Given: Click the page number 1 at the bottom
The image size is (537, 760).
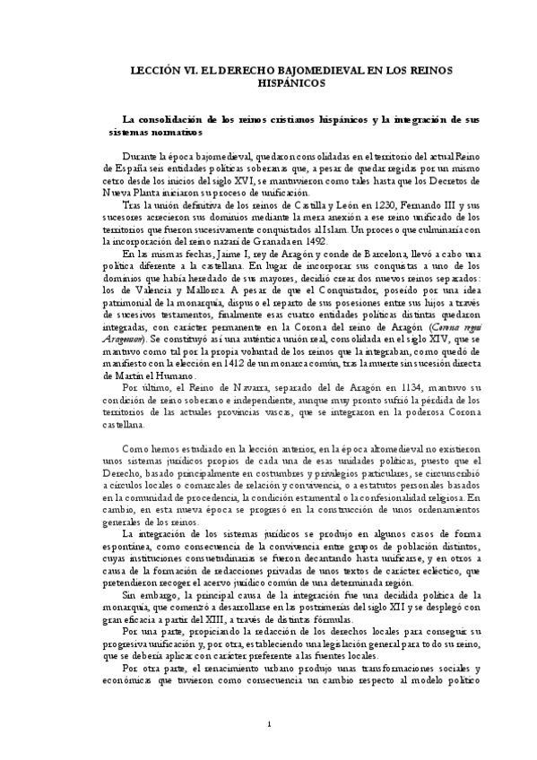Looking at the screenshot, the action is click(269, 723).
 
